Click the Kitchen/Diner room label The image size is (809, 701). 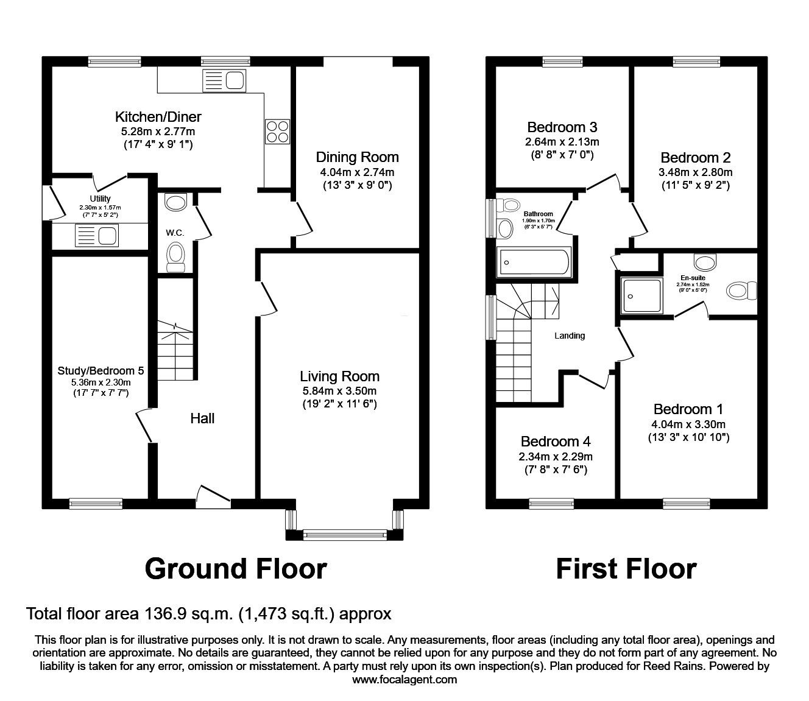(x=158, y=117)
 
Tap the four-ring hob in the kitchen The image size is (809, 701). (x=277, y=130)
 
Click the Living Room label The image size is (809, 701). (x=339, y=376)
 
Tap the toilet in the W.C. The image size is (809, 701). (x=175, y=256)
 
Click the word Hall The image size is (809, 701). (x=202, y=418)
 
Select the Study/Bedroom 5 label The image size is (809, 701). (x=101, y=370)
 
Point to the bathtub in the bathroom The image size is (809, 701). (x=534, y=262)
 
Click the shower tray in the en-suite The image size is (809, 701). (x=641, y=295)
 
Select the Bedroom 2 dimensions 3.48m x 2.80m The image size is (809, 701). (x=695, y=172)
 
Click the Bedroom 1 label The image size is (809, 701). (x=688, y=409)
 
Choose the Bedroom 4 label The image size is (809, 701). (x=556, y=442)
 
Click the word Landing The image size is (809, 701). (x=570, y=336)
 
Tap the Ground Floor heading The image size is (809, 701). (x=236, y=568)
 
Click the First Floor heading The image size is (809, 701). (x=626, y=568)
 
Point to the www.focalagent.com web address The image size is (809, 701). (x=404, y=680)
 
